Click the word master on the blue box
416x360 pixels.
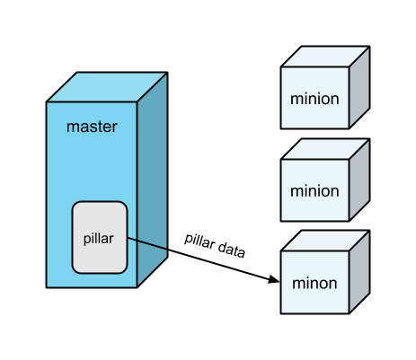(92, 127)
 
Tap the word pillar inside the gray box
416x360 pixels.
(99, 239)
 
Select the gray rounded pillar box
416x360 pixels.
(100, 237)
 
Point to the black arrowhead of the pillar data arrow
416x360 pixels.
(273, 279)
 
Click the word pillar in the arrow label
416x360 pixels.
(199, 241)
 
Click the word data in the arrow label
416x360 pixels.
(232, 250)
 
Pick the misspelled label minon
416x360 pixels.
(314, 283)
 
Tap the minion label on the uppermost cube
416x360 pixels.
(314, 99)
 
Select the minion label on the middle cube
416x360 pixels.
(314, 191)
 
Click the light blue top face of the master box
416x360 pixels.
(107, 87)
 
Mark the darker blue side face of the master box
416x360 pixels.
(153, 180)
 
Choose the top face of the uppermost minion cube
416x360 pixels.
(325, 57)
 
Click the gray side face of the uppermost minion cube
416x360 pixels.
(359, 87)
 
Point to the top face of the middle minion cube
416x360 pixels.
(325, 149)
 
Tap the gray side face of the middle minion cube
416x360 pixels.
(359, 180)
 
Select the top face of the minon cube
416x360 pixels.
(325, 241)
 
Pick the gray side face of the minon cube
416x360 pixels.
(359, 272)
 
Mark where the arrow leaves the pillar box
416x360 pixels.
(128, 238)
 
